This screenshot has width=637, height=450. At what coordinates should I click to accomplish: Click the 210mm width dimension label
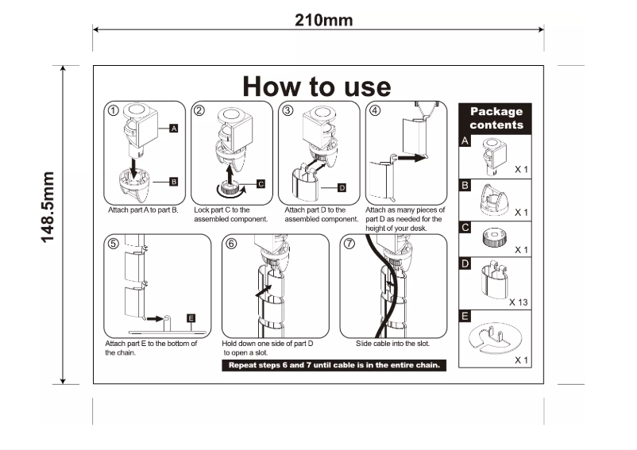pyautogui.click(x=323, y=21)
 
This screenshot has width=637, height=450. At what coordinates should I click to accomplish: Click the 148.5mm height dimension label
pyautogui.click(x=48, y=207)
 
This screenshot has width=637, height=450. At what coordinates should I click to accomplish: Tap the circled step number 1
pyautogui.click(x=114, y=110)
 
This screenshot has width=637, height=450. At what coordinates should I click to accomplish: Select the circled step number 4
pyautogui.click(x=375, y=110)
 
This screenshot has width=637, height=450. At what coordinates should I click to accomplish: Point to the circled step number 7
pyautogui.click(x=349, y=244)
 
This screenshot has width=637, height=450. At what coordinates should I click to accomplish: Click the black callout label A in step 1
pyautogui.click(x=173, y=129)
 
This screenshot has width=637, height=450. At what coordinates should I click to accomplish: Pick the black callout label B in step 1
pyautogui.click(x=173, y=182)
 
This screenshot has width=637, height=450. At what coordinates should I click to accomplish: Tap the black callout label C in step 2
pyautogui.click(x=261, y=184)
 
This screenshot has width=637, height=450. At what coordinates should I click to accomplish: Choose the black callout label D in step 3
pyautogui.click(x=342, y=188)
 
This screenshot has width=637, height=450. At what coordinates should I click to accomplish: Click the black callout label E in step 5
pyautogui.click(x=191, y=318)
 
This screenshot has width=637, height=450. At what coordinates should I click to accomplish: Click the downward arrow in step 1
pyautogui.click(x=131, y=167)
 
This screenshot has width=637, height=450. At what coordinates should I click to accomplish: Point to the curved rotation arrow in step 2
pyautogui.click(x=232, y=192)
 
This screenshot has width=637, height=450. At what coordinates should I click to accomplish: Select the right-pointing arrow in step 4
pyautogui.click(x=411, y=158)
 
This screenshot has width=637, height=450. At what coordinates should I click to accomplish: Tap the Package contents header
pyautogui.click(x=495, y=118)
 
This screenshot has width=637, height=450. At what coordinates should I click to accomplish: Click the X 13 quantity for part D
pyautogui.click(x=519, y=302)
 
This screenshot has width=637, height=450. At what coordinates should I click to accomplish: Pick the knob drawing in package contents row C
pyautogui.click(x=494, y=237)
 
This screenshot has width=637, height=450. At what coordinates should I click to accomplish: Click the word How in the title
pyautogui.click(x=272, y=87)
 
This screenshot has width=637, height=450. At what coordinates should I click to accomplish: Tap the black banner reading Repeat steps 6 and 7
pyautogui.click(x=334, y=365)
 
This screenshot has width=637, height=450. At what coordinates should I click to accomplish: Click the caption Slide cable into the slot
pyautogui.click(x=393, y=344)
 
